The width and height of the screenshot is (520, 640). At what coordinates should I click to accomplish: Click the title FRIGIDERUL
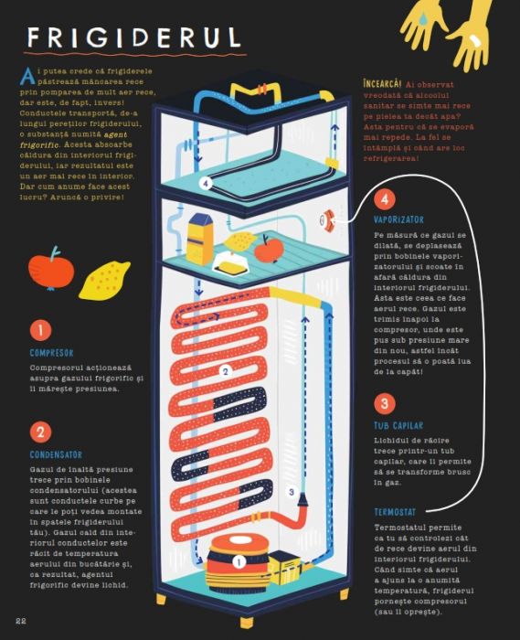[134, 37]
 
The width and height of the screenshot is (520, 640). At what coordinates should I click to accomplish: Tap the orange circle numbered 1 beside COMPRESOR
[40, 329]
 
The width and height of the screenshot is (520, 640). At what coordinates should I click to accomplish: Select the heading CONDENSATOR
[56, 454]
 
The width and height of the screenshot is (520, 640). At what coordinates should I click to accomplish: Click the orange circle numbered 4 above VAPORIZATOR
[384, 199]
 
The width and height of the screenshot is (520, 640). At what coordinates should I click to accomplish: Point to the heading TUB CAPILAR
[398, 425]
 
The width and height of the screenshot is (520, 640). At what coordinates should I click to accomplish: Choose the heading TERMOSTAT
[395, 512]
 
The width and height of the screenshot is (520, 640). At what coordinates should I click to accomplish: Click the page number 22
[21, 621]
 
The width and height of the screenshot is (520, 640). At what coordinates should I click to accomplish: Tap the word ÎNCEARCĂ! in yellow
[382, 84]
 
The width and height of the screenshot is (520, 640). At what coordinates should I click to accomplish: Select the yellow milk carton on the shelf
[199, 239]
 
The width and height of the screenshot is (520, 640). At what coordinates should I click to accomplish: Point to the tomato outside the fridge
[51, 269]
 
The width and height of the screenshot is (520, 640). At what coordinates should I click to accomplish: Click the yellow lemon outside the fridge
[104, 281]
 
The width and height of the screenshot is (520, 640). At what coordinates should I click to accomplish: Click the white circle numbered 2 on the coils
[225, 371]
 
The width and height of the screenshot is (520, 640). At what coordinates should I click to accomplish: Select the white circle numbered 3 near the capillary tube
[292, 492]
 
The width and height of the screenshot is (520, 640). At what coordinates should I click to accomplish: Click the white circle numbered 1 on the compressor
[239, 562]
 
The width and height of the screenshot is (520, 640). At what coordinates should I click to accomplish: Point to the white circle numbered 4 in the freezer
[206, 183]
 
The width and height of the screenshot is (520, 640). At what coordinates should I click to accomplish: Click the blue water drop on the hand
[424, 18]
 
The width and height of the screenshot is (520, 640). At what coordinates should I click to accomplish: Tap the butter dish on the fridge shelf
[231, 263]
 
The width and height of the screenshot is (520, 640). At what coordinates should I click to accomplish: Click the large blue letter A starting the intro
[27, 76]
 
